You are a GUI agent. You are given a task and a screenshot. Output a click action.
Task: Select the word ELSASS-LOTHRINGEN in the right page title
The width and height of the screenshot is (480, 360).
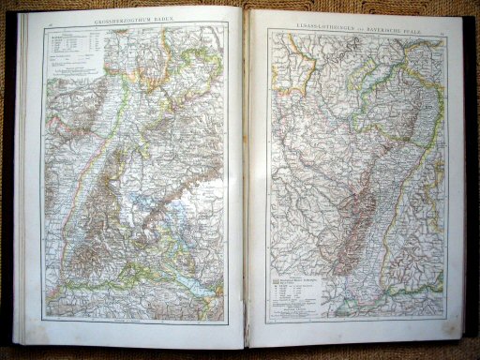[324, 20]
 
